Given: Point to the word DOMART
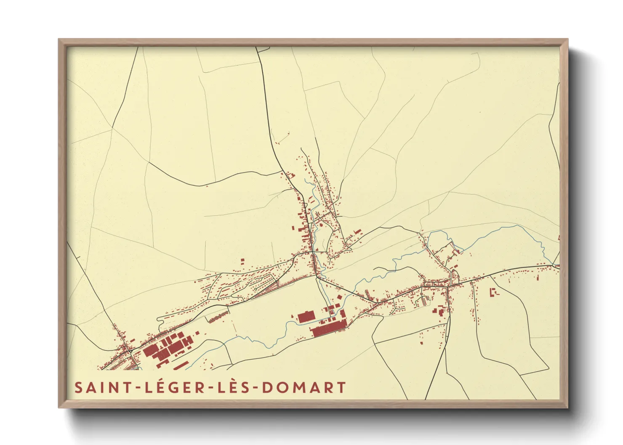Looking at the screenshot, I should [304, 387].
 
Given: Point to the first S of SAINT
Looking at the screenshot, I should [78, 387].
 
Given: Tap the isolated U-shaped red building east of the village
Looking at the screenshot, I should [493, 291].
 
